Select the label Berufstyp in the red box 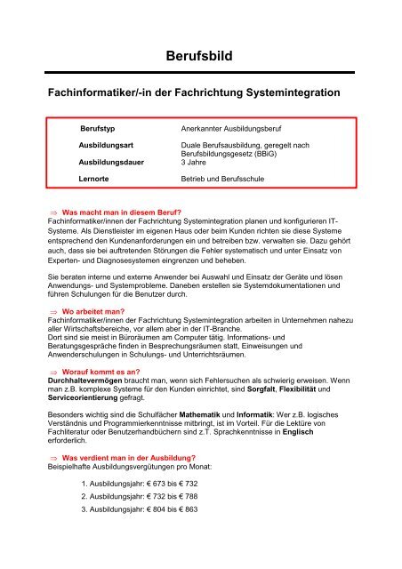point(100,129)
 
